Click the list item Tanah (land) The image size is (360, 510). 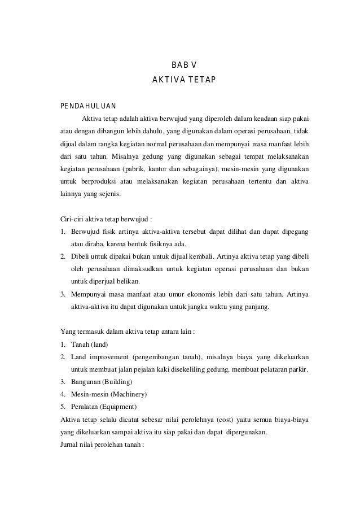[x=89, y=345]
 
